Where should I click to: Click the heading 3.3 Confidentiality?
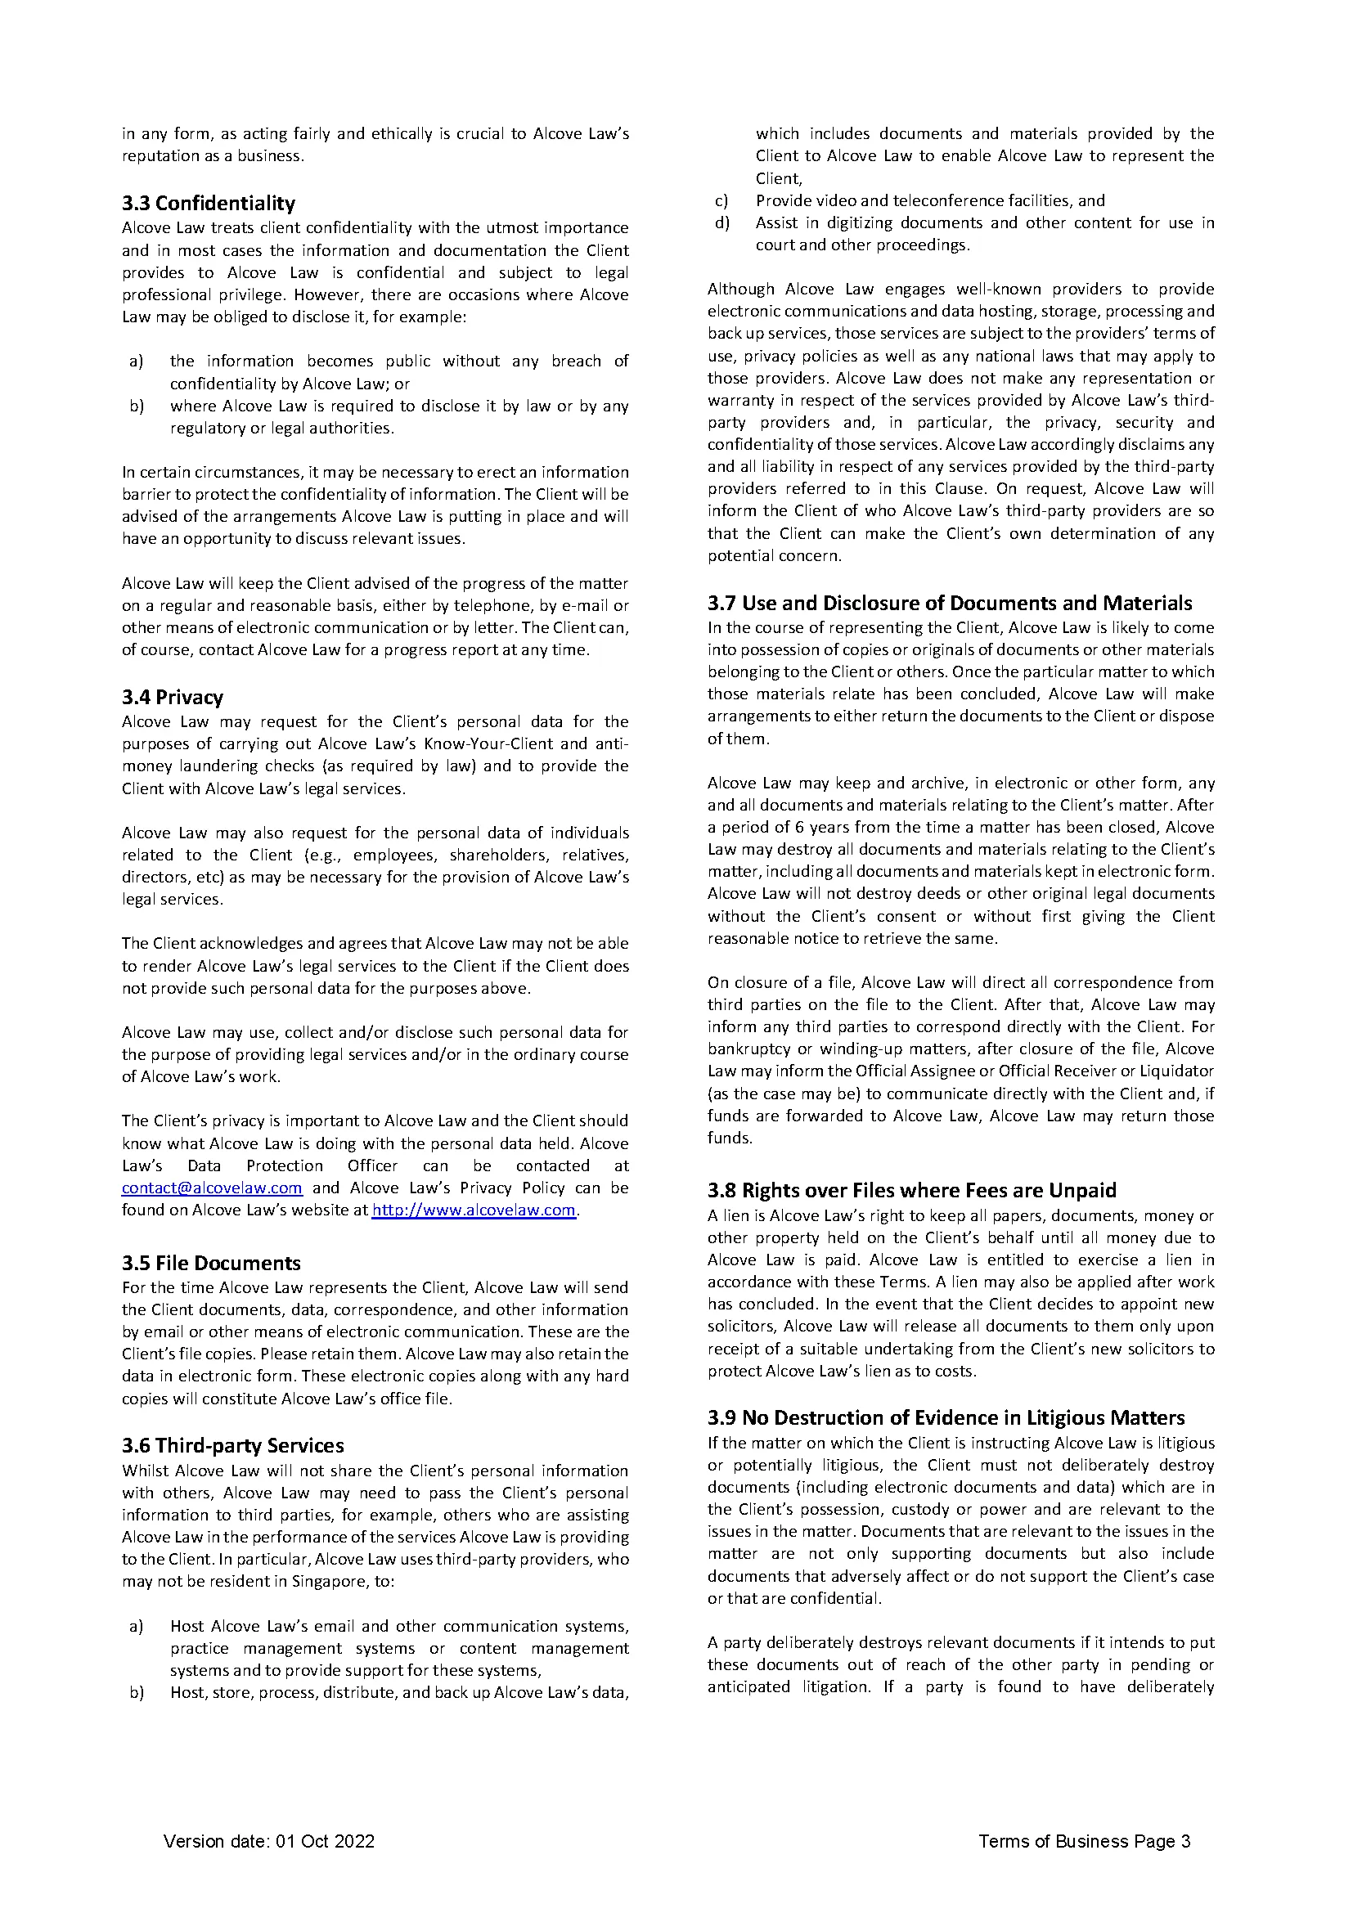(x=209, y=204)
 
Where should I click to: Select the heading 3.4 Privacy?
(x=173, y=698)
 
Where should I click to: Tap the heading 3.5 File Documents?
(x=211, y=1263)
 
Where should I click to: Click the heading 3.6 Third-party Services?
(x=232, y=1445)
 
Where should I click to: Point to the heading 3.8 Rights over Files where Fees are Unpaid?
(x=911, y=1190)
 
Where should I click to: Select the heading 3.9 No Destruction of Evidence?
(x=946, y=1417)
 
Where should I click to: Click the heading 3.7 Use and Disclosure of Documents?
(x=949, y=603)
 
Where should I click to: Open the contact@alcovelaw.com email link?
(x=212, y=1188)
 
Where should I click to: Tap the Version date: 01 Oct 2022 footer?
(x=269, y=1841)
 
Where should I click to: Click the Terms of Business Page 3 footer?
(x=1084, y=1841)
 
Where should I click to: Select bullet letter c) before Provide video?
(x=721, y=201)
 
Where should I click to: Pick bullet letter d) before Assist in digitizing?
(x=721, y=223)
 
